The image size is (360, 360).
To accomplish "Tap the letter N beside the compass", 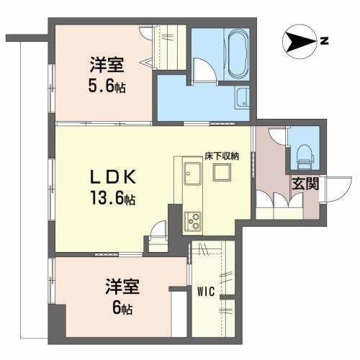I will (325, 42).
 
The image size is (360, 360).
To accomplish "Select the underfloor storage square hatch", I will (220, 173).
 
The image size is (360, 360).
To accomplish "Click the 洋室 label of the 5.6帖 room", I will (105, 63).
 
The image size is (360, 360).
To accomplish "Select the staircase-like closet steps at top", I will (171, 37).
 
